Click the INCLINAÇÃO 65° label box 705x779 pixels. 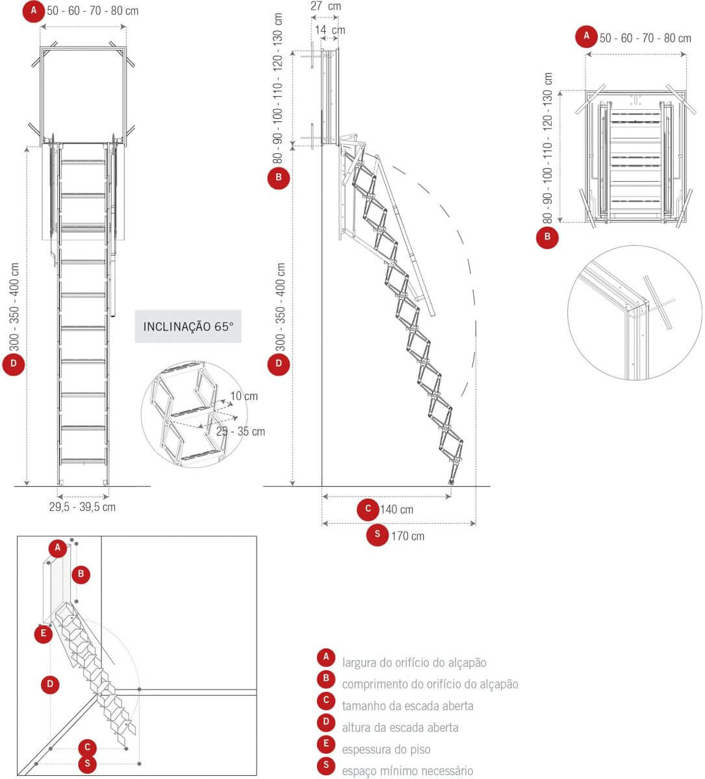click(x=188, y=326)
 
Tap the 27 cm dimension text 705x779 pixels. click(x=326, y=6)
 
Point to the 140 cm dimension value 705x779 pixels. click(x=396, y=510)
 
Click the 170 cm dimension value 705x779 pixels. click(x=407, y=536)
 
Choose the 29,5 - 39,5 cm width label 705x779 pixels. click(x=83, y=506)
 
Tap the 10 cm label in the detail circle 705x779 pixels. click(x=244, y=396)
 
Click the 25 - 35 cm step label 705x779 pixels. click(x=240, y=431)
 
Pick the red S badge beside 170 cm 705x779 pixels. click(x=378, y=535)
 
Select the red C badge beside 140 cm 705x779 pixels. click(x=368, y=509)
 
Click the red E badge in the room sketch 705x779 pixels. click(x=44, y=634)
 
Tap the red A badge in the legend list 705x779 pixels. click(x=326, y=658)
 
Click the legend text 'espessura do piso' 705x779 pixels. click(x=386, y=750)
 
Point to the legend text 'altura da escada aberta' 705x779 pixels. click(x=400, y=728)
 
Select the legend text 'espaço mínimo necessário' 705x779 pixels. click(x=407, y=771)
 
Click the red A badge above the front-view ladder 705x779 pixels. click(x=34, y=11)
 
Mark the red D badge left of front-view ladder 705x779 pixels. click(x=14, y=364)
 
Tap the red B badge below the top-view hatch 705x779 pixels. click(x=547, y=237)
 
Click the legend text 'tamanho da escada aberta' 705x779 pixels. click(x=407, y=706)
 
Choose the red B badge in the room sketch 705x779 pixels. click(x=81, y=574)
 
